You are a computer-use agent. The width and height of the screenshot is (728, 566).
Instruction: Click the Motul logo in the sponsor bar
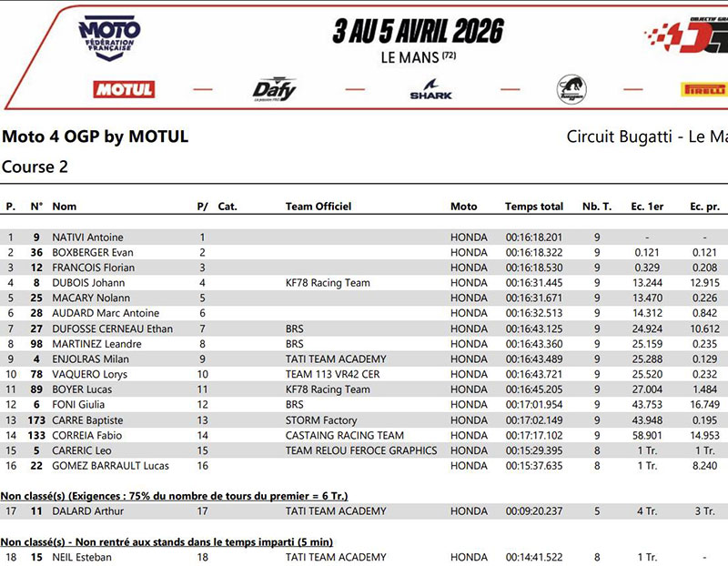[124, 89]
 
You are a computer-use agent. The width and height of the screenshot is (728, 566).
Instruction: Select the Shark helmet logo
[430, 90]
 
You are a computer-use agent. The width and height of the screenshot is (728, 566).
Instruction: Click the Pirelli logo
[703, 89]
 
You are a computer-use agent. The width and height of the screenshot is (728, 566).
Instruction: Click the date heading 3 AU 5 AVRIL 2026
[418, 32]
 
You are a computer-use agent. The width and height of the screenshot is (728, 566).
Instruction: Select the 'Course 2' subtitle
[35, 167]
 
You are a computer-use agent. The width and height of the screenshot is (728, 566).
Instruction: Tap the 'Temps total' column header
[534, 207]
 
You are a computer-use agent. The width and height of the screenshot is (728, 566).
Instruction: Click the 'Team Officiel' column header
[318, 207]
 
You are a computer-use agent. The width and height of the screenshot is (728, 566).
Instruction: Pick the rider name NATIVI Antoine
[87, 238]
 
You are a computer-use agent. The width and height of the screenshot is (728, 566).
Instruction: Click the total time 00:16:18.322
[534, 253]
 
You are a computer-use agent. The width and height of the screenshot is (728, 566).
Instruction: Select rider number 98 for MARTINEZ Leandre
[36, 344]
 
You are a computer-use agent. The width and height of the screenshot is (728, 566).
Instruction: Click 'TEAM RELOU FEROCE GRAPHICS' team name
[360, 450]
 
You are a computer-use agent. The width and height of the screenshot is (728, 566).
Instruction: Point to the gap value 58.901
[646, 436]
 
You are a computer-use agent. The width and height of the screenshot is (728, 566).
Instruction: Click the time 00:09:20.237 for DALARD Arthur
[534, 511]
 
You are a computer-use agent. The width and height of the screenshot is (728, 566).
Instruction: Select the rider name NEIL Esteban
[82, 557]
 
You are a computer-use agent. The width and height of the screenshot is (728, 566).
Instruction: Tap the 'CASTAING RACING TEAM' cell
[344, 436]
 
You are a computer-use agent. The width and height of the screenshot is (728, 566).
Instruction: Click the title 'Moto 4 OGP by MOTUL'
[96, 137]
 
